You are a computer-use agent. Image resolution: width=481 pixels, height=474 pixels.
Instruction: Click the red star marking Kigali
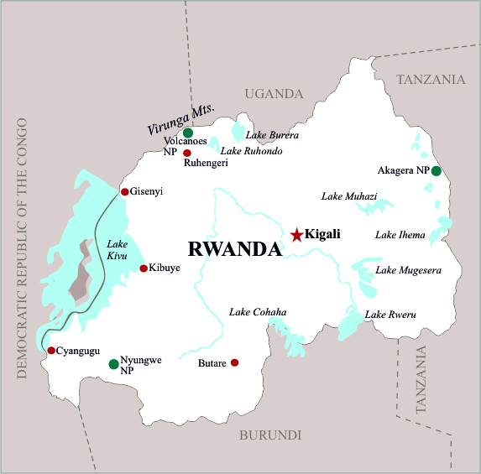pos(296,235)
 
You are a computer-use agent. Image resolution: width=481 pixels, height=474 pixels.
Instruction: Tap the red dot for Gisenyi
pos(125,192)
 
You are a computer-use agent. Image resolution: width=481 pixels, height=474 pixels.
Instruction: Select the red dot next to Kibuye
pos(144,268)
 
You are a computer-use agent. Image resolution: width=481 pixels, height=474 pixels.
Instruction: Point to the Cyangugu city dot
pos(51,351)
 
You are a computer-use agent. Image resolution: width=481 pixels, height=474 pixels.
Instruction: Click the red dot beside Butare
pos(235,362)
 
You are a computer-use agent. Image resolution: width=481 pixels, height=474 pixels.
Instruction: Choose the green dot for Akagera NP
pos(436,171)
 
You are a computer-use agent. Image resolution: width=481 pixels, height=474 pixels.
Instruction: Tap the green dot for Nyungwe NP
pos(113,364)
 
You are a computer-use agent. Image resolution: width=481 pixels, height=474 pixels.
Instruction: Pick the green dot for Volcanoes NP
pos(188,133)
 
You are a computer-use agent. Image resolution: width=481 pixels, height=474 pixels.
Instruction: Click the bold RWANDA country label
pos(234,249)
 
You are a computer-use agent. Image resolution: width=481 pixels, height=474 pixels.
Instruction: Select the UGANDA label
pos(274,93)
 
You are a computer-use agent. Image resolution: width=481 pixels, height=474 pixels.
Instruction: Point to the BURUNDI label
pos(270,435)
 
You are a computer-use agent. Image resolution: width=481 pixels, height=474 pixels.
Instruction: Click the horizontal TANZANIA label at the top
pos(430,80)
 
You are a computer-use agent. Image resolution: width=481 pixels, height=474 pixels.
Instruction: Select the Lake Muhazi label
pos(349,196)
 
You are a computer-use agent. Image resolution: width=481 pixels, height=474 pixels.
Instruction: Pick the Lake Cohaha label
pos(258,312)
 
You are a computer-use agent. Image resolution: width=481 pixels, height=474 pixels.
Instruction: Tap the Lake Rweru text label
pos(390,315)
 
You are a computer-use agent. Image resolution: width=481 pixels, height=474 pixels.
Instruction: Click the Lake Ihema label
pos(400,235)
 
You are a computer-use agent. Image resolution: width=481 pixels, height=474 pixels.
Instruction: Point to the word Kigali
pos(324,234)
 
